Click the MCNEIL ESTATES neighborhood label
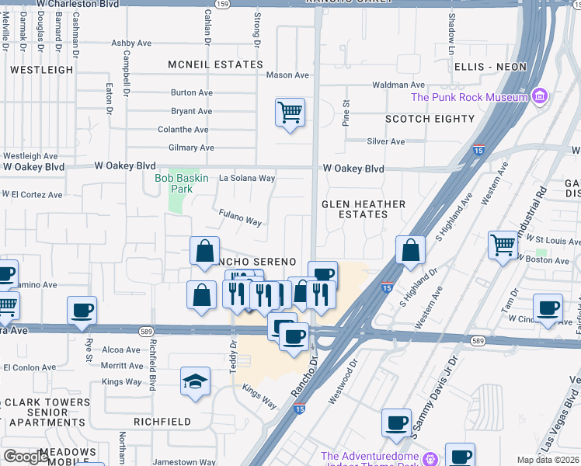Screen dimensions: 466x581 tap(216, 64)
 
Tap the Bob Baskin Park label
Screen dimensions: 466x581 tap(181, 183)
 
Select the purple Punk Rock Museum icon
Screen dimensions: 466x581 tap(539, 97)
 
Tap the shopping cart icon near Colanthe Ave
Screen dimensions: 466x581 tap(290, 113)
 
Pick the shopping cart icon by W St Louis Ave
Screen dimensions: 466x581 tap(503, 245)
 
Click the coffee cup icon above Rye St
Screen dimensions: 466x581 tap(82, 311)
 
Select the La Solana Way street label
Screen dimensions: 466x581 tap(247, 179)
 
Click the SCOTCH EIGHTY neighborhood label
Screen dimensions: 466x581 tap(430, 119)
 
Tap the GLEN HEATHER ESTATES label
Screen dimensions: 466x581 tap(364, 209)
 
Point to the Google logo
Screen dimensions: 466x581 tap(26, 457)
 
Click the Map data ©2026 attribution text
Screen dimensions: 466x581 tap(548, 460)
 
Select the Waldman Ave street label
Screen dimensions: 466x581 tap(398, 85)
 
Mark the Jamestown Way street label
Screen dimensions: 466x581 tap(184, 462)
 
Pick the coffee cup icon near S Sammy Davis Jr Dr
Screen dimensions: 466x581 tap(396, 423)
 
